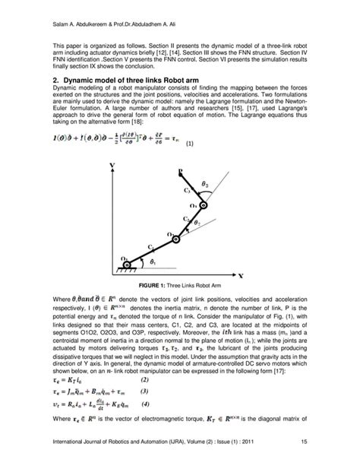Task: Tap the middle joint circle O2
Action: click(176, 238)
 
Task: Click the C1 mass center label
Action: click(150, 247)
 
